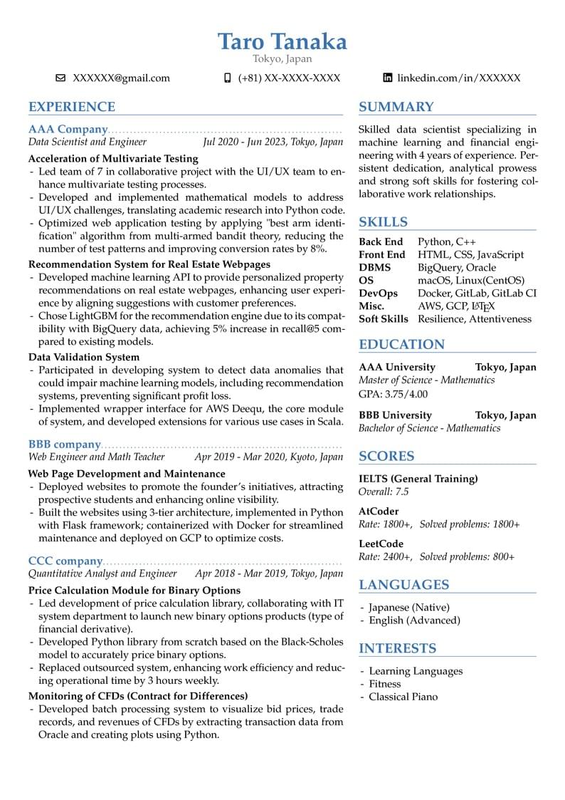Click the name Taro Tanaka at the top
click(x=282, y=41)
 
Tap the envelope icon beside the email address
click(x=60, y=78)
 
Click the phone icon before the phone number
click(x=228, y=78)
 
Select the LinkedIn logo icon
click(x=388, y=78)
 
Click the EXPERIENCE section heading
click(x=72, y=107)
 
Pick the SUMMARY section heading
click(x=396, y=107)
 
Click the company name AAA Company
click(x=68, y=130)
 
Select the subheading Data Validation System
click(x=84, y=357)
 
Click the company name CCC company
click(x=65, y=561)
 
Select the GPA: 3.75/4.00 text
click(x=393, y=394)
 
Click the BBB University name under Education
click(x=395, y=415)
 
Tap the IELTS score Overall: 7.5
click(x=384, y=492)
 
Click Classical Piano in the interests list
click(x=403, y=697)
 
